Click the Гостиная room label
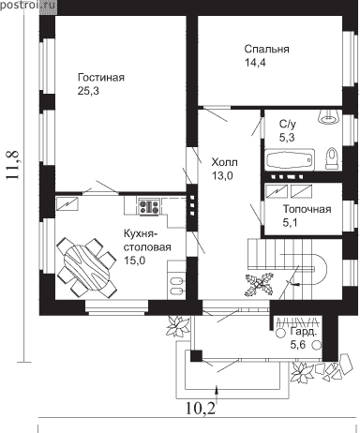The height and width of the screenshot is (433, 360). click(x=101, y=77)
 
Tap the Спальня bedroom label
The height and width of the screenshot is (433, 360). click(x=266, y=49)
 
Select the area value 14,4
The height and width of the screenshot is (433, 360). click(x=255, y=63)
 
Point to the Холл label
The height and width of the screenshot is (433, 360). click(x=224, y=162)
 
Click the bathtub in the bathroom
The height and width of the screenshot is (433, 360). click(x=290, y=159)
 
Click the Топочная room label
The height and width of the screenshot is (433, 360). click(x=307, y=209)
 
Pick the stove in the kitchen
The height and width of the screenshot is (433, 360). click(x=149, y=206)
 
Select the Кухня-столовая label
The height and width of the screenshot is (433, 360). click(x=147, y=240)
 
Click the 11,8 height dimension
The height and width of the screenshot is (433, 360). click(x=12, y=165)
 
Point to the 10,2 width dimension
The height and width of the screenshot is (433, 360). click(x=201, y=408)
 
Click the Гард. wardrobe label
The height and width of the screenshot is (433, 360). click(x=304, y=332)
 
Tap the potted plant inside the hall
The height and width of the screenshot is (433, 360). click(x=259, y=284)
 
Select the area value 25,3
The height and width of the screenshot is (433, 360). click(x=88, y=91)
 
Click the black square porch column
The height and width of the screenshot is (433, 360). click(x=197, y=356)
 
